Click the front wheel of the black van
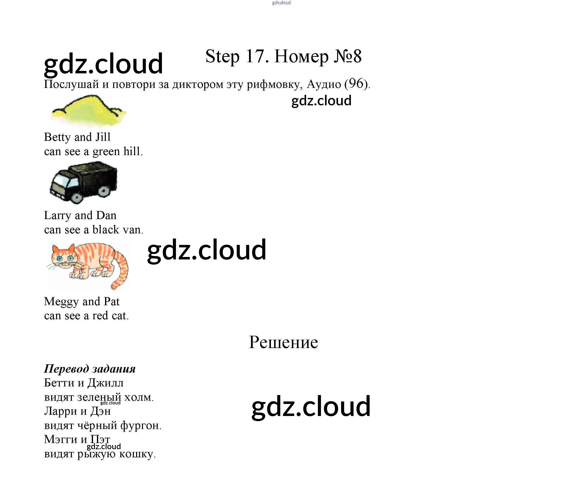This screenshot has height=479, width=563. coord(76,198)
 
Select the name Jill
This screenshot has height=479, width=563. coord(103,137)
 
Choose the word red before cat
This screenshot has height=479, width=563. coord(100,316)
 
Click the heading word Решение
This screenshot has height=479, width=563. coord(283,342)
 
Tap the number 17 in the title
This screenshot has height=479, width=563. coord(255,56)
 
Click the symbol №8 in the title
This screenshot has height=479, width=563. coord(347,56)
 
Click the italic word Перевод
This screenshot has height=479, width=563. coord(66,369)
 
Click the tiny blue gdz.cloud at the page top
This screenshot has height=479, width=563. coord(281,3)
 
